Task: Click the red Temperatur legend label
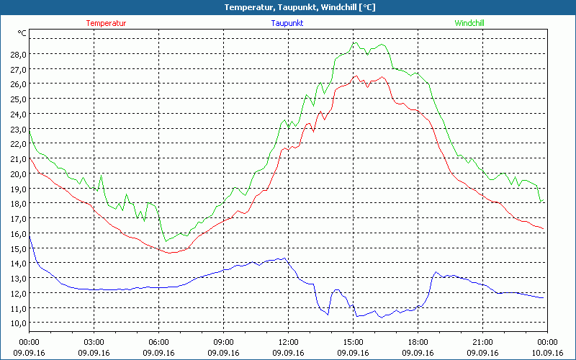pos(106,23)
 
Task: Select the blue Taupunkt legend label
pos(287,23)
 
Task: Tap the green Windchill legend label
pos(469,23)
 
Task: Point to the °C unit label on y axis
pos(22,33)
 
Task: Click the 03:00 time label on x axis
pos(94,341)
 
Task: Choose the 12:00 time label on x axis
pos(289,341)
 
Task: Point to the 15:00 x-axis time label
pos(354,341)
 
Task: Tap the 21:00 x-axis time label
pos(483,341)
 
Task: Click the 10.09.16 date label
pos(546,353)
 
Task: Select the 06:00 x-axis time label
pos(159,341)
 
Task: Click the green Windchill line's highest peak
pos(354,42)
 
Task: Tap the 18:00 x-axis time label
pos(418,341)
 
